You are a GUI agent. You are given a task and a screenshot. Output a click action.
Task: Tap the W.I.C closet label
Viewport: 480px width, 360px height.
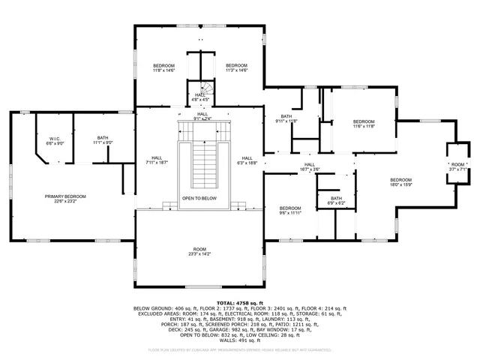[55, 140]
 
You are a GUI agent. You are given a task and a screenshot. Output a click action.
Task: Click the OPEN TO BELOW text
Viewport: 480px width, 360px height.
[199, 199]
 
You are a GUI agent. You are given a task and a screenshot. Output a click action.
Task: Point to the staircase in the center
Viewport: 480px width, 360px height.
[199, 161]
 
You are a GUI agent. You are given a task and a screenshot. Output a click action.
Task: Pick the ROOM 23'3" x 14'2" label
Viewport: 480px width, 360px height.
[199, 251]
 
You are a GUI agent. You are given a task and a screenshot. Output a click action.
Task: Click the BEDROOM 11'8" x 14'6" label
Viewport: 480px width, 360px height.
[164, 68]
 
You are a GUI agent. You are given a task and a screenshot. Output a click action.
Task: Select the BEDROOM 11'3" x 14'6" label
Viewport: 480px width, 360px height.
[236, 68]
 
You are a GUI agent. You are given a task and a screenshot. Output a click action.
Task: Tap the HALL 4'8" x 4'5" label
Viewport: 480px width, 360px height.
[199, 97]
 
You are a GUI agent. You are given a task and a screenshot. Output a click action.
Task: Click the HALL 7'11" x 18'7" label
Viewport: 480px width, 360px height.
[157, 160]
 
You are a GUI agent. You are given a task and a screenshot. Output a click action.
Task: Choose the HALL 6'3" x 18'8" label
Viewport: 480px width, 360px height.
[247, 160]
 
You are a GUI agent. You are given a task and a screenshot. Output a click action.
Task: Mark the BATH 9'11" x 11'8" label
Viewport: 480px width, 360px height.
[286, 118]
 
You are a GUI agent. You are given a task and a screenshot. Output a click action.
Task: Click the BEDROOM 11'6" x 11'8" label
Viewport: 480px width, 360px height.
[364, 124]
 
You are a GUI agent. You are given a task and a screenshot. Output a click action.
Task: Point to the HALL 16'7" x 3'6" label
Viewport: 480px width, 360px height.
[310, 166]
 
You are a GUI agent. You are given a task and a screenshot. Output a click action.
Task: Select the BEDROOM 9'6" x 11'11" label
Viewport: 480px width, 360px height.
[290, 210]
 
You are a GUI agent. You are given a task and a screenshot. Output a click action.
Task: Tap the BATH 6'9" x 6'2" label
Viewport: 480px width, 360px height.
[336, 200]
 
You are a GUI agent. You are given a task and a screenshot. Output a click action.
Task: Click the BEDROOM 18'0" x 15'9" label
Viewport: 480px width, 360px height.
[400, 181]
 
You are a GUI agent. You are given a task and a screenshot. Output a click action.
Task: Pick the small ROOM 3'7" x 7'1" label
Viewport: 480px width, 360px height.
[457, 166]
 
